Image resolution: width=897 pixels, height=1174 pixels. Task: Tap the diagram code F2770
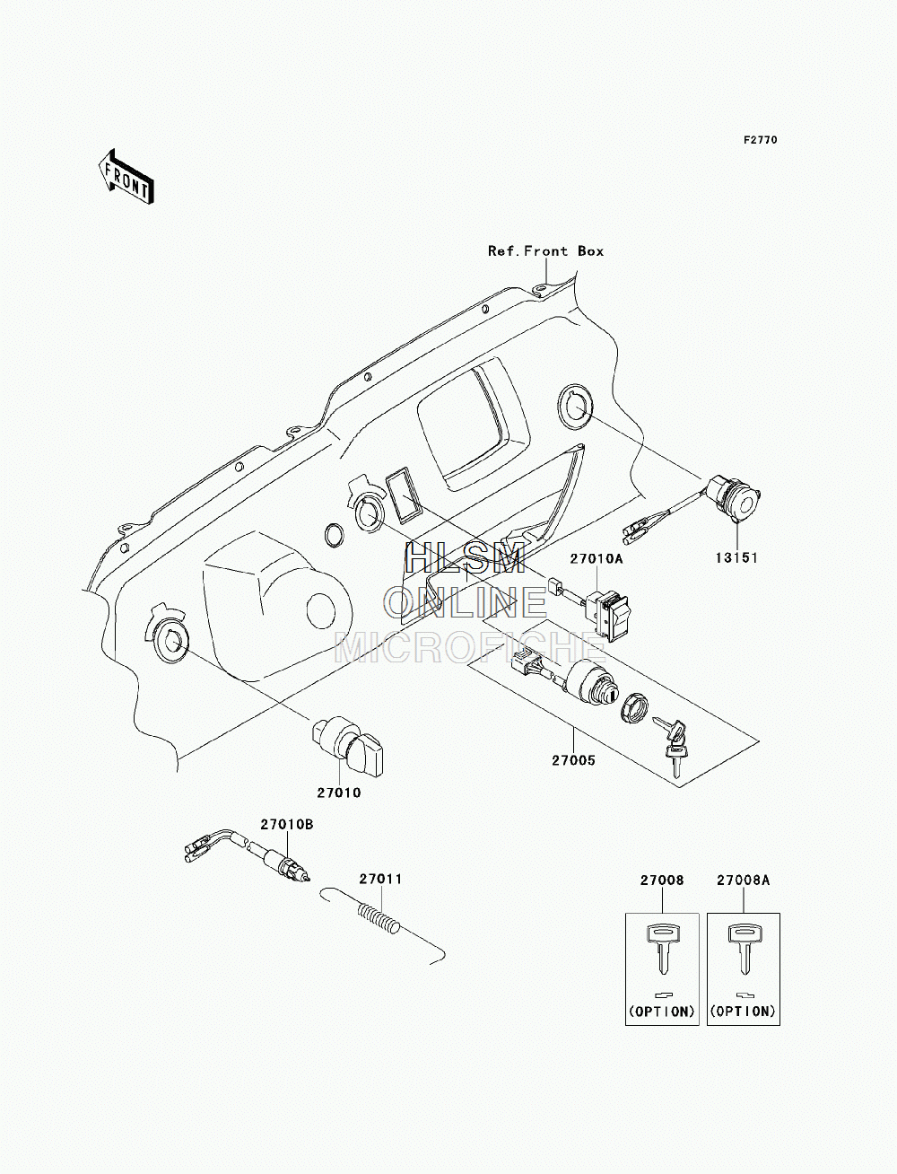click(x=760, y=140)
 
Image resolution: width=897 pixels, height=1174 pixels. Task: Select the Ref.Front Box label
click(x=545, y=250)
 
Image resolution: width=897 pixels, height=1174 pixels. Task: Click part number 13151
click(x=736, y=558)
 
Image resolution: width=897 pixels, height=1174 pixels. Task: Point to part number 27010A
click(x=597, y=559)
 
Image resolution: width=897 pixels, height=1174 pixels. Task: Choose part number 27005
click(x=573, y=760)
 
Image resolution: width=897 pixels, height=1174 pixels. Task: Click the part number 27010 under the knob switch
click(x=339, y=793)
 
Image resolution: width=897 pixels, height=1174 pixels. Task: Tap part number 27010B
click(x=287, y=825)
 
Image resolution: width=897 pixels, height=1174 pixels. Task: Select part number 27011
click(x=380, y=880)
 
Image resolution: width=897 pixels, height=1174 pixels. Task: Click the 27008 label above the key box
click(x=662, y=880)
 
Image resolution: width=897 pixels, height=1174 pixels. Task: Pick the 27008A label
click(x=743, y=880)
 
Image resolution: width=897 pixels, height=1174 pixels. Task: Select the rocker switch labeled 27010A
click(x=607, y=615)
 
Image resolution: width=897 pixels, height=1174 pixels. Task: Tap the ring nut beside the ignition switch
click(x=634, y=708)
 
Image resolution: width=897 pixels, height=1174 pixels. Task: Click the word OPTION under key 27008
click(x=662, y=1012)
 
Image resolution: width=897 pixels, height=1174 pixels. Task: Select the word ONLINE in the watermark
click(x=465, y=602)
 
